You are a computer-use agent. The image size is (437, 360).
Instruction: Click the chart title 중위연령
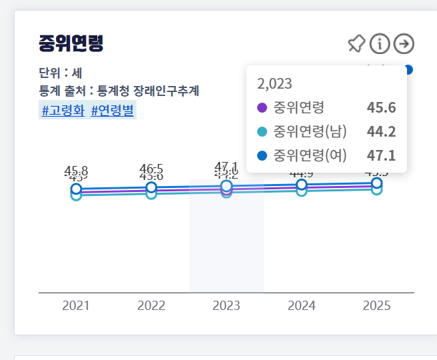(x=71, y=44)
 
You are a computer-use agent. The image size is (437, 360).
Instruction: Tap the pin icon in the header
(x=356, y=44)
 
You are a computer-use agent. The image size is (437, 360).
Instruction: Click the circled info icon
(x=380, y=44)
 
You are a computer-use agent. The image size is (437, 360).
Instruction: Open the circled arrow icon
(x=404, y=44)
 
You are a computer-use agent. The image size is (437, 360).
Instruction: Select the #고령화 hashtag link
(x=63, y=111)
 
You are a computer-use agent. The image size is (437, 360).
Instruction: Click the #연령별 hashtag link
(x=113, y=111)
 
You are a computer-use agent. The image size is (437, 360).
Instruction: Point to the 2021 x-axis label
(x=76, y=306)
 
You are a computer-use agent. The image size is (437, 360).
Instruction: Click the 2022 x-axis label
(x=151, y=306)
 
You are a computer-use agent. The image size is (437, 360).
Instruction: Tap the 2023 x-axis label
(x=226, y=306)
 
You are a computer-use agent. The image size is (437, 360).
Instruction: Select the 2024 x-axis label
(x=302, y=306)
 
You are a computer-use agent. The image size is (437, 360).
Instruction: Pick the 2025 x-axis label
(x=377, y=306)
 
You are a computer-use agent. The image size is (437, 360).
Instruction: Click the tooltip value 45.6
(x=381, y=108)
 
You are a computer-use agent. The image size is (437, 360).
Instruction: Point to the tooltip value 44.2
(x=381, y=132)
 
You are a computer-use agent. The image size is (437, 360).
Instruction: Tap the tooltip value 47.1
(x=381, y=156)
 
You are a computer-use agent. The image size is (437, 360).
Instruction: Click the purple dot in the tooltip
(x=262, y=108)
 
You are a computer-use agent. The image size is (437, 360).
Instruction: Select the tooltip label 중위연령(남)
(x=310, y=132)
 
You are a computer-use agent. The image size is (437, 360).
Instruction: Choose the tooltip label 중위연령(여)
(x=310, y=156)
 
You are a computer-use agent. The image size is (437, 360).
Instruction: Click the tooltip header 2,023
(x=274, y=84)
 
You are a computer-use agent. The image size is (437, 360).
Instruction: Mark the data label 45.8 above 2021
(x=76, y=171)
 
